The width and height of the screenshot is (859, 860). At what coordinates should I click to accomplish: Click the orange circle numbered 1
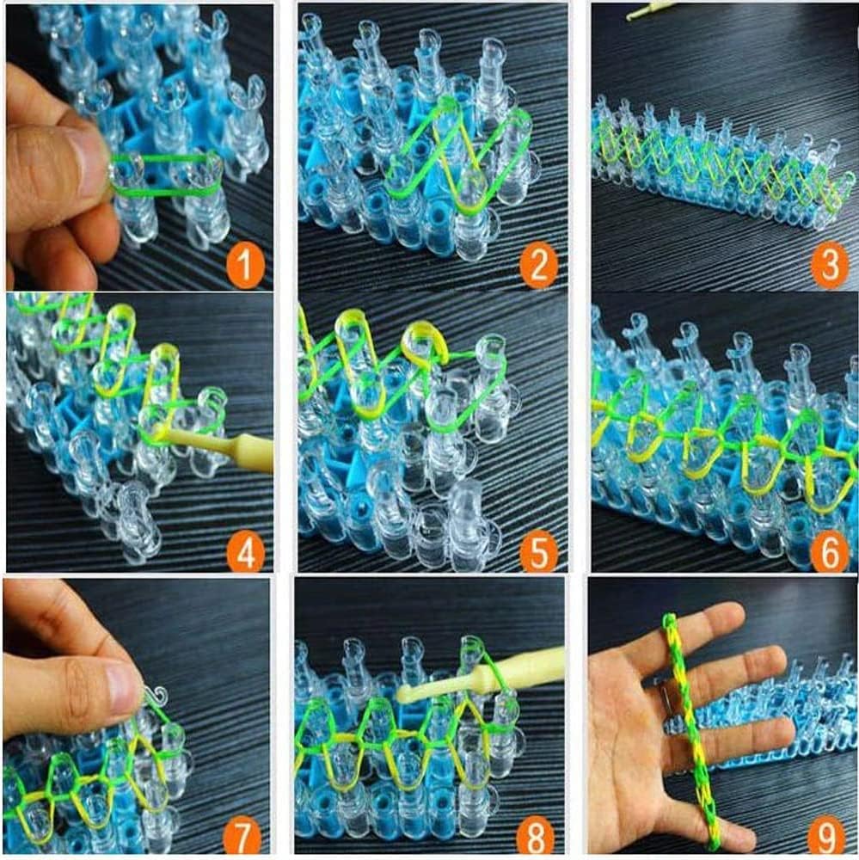click(x=245, y=267)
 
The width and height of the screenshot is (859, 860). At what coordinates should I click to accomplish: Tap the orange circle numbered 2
click(x=538, y=267)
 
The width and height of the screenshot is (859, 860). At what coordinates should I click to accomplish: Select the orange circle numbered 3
click(x=829, y=267)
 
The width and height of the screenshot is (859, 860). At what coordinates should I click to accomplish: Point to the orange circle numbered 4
click(x=245, y=555)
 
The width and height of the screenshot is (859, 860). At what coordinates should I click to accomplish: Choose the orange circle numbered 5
click(x=538, y=555)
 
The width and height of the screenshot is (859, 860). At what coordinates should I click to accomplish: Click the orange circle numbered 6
click(x=829, y=555)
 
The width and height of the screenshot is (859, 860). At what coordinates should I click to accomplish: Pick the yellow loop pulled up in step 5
click(x=423, y=340)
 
